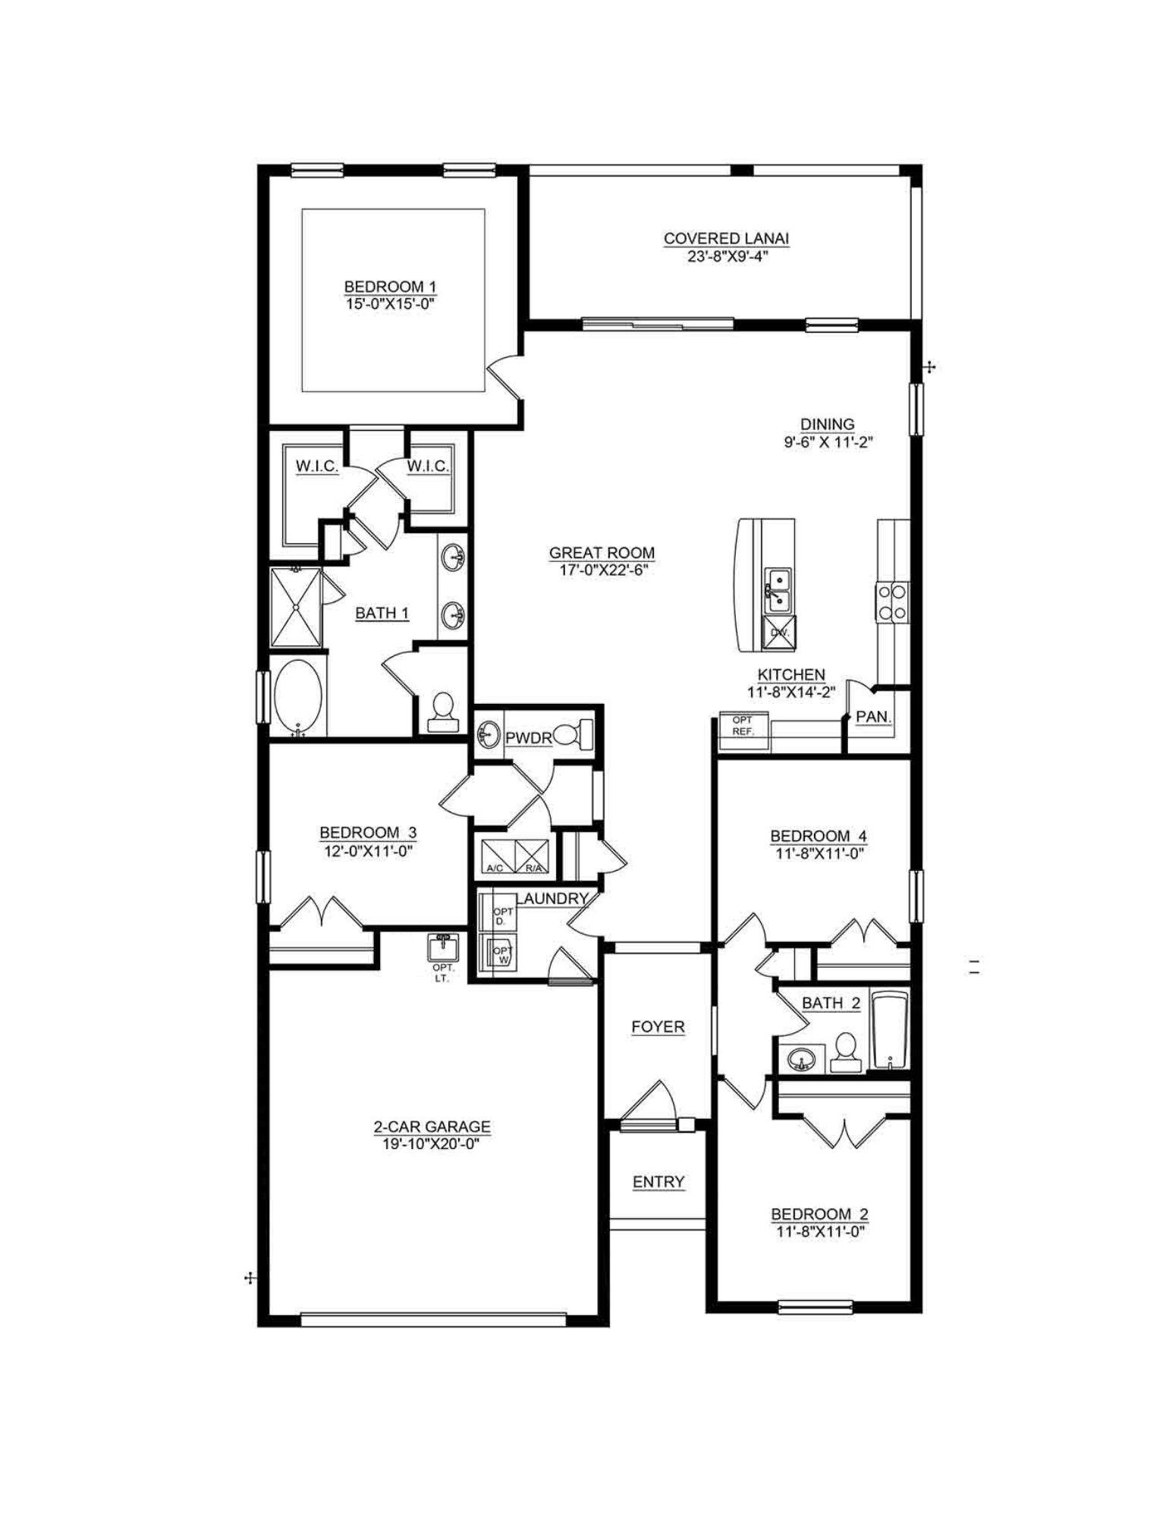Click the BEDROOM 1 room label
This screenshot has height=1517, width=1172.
click(x=390, y=287)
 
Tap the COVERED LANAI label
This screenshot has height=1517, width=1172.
click(x=726, y=238)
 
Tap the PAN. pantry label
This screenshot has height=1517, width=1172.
click(x=873, y=717)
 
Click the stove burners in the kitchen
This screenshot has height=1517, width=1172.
click(x=893, y=601)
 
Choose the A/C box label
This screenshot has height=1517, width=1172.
click(x=495, y=867)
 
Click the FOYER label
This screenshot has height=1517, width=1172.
click(x=658, y=1027)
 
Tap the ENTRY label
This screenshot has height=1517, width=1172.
click(x=658, y=1182)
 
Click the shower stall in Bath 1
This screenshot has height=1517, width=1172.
click(x=296, y=608)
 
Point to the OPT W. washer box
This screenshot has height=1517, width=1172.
click(x=501, y=954)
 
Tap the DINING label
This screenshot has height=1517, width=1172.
click(x=827, y=425)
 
